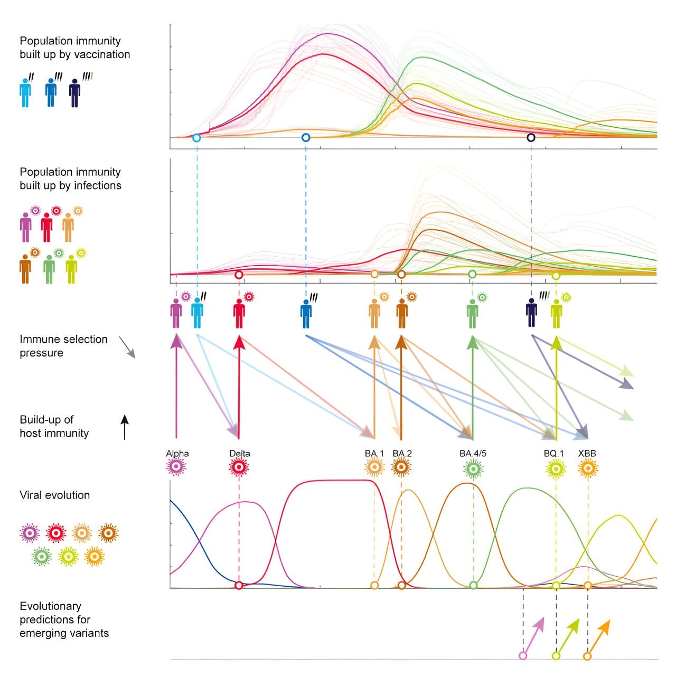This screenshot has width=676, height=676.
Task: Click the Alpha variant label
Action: point(177,454)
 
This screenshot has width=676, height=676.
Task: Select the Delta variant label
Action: point(240,454)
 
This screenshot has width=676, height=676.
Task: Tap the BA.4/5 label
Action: point(473,454)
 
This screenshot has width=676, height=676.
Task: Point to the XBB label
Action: point(587,454)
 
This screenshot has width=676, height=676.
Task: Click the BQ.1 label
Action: point(553,454)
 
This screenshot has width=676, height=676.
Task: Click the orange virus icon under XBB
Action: point(588,468)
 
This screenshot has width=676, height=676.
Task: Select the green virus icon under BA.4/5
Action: point(473,468)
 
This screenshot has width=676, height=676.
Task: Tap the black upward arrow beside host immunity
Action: point(125,427)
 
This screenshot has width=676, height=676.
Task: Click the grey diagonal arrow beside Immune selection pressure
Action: point(127,347)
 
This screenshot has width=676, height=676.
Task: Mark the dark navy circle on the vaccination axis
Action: point(531,137)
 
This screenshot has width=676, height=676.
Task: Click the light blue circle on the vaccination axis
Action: point(196,138)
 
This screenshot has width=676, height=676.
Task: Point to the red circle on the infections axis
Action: point(239,275)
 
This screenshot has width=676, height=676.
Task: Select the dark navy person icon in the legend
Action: point(76,93)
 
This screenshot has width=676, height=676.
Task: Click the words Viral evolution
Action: point(55,495)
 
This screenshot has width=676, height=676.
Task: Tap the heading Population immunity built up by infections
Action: point(70,179)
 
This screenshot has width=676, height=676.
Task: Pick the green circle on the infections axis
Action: point(472,274)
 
